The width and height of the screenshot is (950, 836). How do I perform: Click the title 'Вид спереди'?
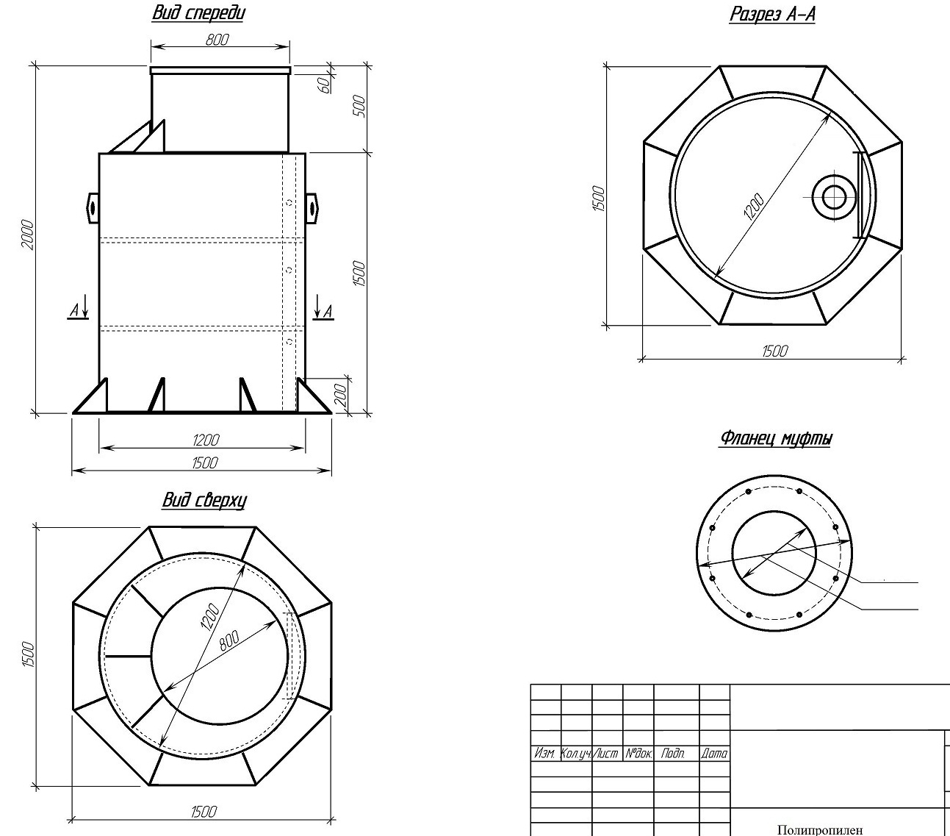[x=198, y=13]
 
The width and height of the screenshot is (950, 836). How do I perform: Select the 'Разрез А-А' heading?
[x=772, y=14]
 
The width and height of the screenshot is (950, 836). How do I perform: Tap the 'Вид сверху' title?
[x=204, y=500]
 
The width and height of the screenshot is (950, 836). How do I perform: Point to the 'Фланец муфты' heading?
[x=776, y=438]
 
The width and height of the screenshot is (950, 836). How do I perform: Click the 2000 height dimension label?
[x=28, y=235]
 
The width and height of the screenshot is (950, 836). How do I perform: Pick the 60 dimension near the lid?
[x=324, y=85]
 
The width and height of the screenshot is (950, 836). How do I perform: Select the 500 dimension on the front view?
[x=359, y=106]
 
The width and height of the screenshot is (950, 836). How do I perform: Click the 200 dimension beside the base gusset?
[x=342, y=396]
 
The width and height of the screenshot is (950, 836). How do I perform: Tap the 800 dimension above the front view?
[x=217, y=40]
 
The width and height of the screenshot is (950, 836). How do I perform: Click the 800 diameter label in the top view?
[x=229, y=640]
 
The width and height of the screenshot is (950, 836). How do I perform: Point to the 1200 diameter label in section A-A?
[x=754, y=207]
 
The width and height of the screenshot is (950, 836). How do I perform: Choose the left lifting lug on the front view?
[x=93, y=207]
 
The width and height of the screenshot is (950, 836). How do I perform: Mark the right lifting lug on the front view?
[x=312, y=207]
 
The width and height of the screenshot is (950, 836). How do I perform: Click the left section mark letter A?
[x=74, y=310]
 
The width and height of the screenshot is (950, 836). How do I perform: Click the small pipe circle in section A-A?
[x=834, y=197]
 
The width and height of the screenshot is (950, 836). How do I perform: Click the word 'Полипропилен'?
[x=820, y=829]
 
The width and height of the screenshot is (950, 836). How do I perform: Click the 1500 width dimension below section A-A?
[x=774, y=351]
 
